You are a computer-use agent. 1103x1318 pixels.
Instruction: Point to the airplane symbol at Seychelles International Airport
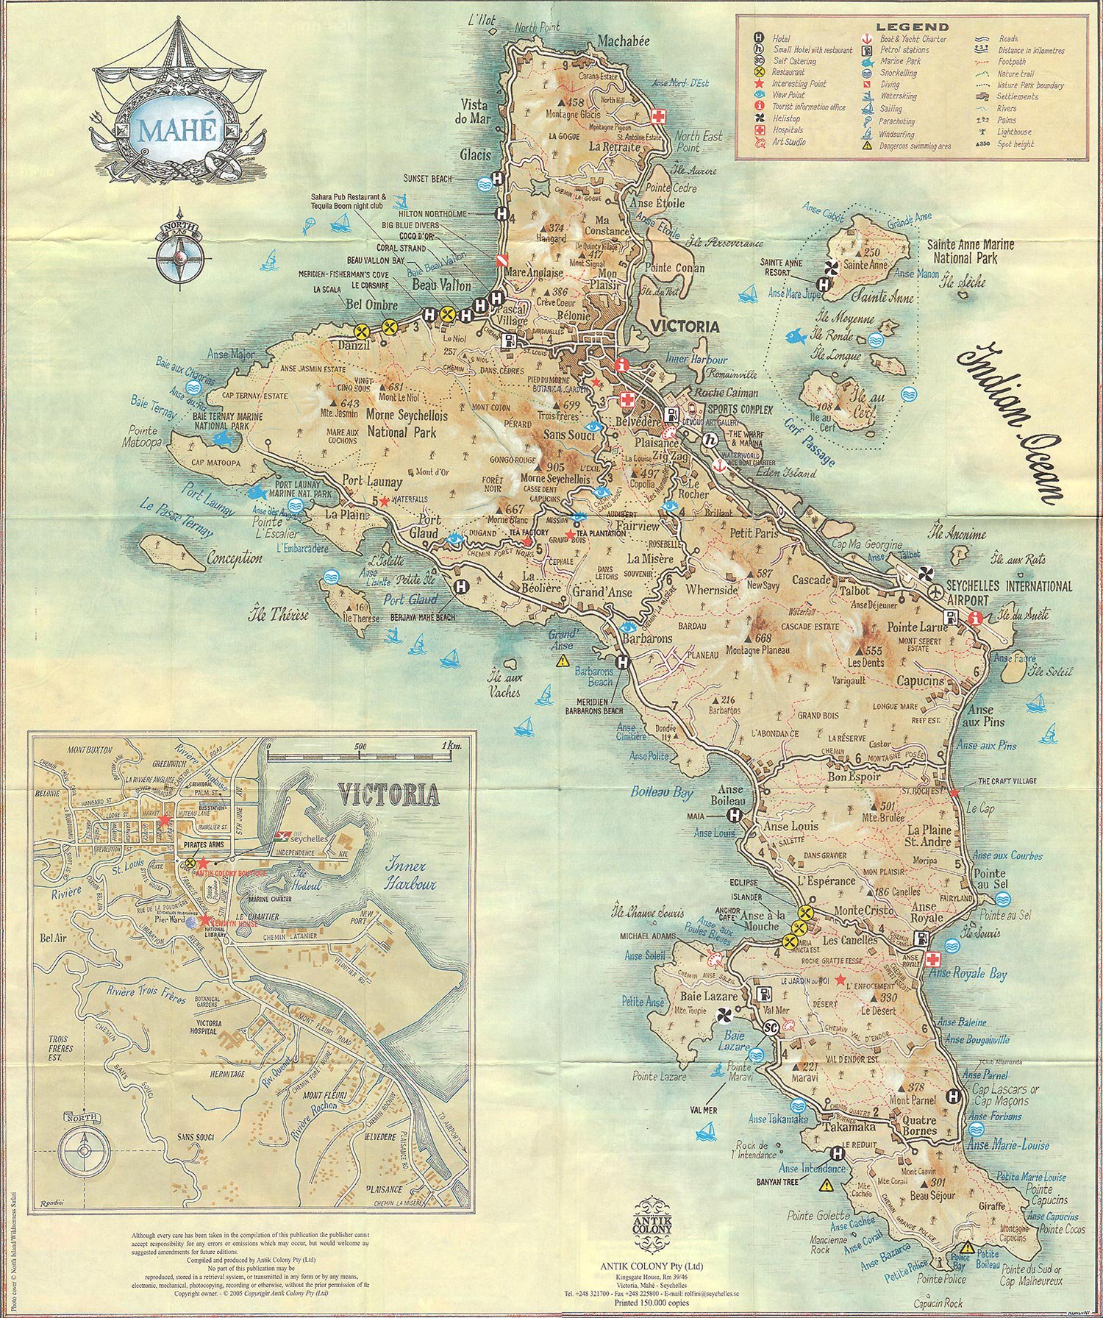click(x=935, y=591)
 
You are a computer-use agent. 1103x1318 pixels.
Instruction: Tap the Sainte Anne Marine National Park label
click(x=970, y=251)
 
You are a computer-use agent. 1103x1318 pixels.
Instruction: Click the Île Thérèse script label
click(x=279, y=613)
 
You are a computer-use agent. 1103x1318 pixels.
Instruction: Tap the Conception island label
click(x=235, y=558)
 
